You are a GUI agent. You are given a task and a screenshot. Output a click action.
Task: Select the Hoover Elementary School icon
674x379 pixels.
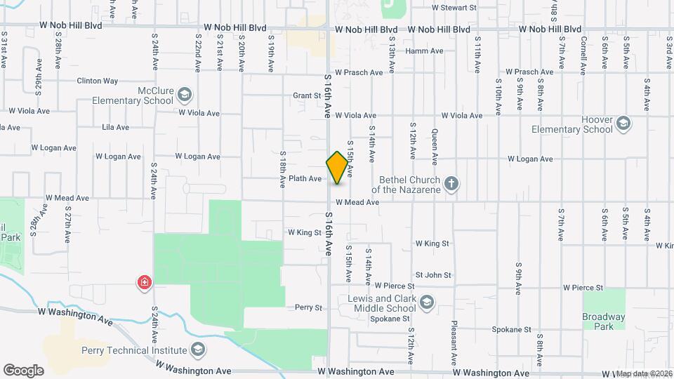[x=622, y=125]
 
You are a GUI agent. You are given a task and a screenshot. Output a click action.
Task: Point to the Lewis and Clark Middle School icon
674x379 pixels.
[x=426, y=302]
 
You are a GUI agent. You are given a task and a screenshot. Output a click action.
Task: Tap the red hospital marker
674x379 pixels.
[x=145, y=283]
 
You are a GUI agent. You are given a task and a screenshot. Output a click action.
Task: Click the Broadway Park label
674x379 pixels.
[x=603, y=321]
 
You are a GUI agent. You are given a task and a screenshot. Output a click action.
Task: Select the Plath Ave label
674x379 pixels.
[x=305, y=179]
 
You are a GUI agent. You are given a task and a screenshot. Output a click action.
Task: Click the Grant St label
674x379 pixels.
[x=307, y=95]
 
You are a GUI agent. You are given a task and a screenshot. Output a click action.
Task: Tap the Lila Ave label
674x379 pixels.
[x=115, y=127]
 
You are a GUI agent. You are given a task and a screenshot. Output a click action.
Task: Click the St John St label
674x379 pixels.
[x=433, y=275]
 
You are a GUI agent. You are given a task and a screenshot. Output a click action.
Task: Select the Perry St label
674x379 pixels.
[x=308, y=307]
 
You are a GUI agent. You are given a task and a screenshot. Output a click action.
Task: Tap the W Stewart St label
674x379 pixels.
[x=454, y=8]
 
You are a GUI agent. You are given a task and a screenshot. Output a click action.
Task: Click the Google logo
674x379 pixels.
[x=23, y=370]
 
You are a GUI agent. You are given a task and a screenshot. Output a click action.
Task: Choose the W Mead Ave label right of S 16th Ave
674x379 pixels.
[x=357, y=202]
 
